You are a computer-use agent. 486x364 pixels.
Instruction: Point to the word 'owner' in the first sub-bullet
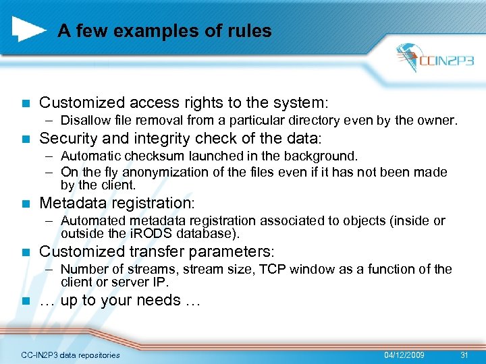click(439, 121)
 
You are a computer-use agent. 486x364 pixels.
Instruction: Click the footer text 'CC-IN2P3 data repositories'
click(71, 355)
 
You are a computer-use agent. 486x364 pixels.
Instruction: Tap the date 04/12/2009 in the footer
click(404, 355)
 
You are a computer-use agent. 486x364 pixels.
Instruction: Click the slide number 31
click(464, 355)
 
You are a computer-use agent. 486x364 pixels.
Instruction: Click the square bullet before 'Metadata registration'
click(25, 204)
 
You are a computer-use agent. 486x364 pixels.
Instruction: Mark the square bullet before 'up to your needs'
click(25, 301)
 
